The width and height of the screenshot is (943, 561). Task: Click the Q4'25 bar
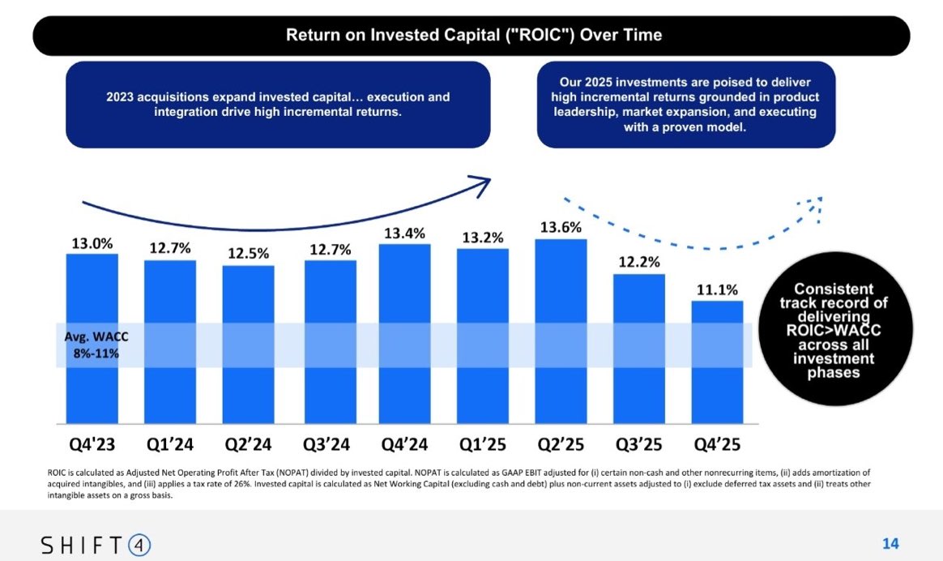coord(717,362)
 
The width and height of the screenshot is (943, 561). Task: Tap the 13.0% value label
coord(92,243)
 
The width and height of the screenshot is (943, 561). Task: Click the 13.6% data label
coord(561,228)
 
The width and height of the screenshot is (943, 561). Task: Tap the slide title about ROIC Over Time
coord(474,35)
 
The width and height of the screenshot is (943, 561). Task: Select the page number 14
coord(890,543)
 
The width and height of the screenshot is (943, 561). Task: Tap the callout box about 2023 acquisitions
coord(278,104)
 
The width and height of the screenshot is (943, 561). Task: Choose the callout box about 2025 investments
coord(685,105)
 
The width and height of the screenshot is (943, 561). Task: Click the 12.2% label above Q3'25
coord(639,263)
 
